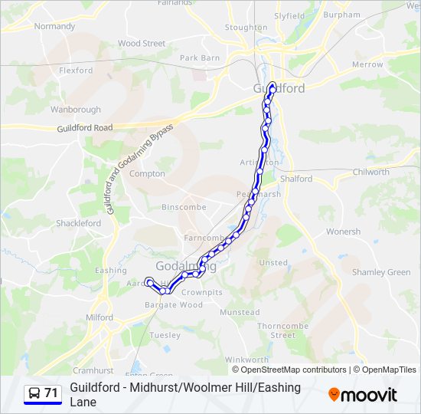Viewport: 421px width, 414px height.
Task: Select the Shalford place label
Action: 296,179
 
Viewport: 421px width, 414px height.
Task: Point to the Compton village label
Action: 147,174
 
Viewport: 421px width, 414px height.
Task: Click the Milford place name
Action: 100,317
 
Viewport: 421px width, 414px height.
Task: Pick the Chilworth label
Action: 371,172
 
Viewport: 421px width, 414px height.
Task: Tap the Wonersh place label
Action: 343,232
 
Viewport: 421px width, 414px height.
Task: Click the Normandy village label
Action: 55,26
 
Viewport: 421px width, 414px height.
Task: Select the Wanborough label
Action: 76,110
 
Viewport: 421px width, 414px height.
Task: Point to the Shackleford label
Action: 78,223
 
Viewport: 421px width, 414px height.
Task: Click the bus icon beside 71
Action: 34,393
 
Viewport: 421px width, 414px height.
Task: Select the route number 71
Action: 51,393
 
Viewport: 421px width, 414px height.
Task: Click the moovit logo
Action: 363,395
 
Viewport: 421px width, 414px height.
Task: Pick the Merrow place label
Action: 367,64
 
